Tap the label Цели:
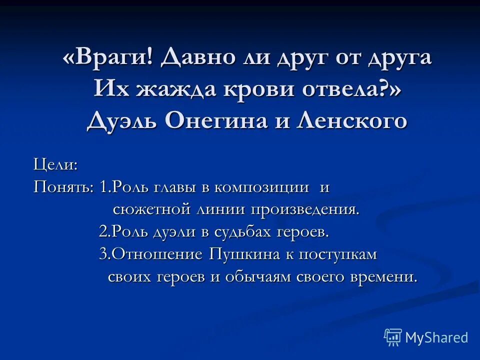[55, 163]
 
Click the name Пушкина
[244, 254]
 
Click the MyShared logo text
[436, 337]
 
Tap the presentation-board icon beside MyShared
[393, 337]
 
